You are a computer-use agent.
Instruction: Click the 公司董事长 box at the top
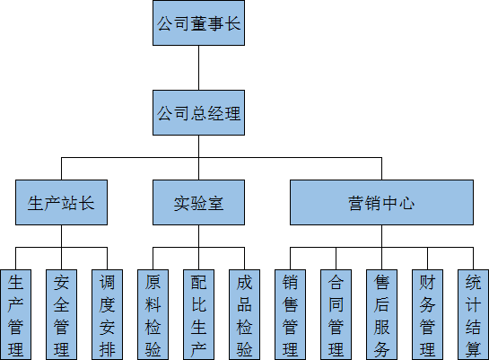click(x=197, y=23)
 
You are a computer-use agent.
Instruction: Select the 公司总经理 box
click(x=197, y=113)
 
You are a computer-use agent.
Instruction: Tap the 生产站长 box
click(x=61, y=202)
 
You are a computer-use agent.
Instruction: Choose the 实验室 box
click(x=198, y=202)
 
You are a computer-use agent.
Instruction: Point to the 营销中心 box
click(x=380, y=202)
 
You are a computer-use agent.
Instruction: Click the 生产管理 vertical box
click(x=15, y=314)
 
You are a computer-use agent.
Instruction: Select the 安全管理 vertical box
click(x=61, y=314)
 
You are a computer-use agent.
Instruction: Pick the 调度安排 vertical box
click(x=107, y=314)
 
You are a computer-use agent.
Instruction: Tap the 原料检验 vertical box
click(x=153, y=314)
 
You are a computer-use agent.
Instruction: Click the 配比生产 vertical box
click(x=198, y=314)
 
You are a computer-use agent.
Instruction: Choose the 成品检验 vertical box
click(x=244, y=314)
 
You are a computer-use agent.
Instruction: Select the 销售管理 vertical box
click(x=290, y=314)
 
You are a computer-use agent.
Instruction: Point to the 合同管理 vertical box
click(x=336, y=314)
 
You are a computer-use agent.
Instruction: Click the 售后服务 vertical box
click(x=381, y=314)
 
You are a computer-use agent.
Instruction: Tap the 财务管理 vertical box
click(x=427, y=314)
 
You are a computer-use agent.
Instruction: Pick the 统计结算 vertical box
click(x=473, y=314)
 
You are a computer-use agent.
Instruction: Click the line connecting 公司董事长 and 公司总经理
click(x=197, y=68)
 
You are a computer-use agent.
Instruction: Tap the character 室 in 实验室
click(x=215, y=203)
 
